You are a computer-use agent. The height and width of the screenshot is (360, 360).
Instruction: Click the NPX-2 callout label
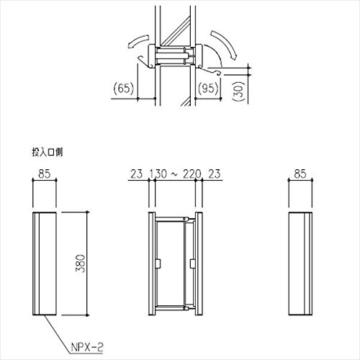(x=87, y=347)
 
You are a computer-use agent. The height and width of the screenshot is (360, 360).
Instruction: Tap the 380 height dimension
(x=81, y=264)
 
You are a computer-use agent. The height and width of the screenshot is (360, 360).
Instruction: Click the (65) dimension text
(x=123, y=89)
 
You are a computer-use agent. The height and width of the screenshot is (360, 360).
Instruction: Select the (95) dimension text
(x=208, y=89)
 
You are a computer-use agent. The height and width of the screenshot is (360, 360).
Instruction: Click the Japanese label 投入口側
(x=48, y=152)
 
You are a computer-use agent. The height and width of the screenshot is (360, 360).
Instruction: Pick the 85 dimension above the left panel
(x=45, y=174)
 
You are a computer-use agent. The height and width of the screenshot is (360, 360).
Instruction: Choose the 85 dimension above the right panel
(x=300, y=174)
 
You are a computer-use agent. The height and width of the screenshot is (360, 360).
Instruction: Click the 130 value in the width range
(x=158, y=174)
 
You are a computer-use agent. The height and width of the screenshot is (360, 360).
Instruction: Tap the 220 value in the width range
(x=192, y=174)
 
